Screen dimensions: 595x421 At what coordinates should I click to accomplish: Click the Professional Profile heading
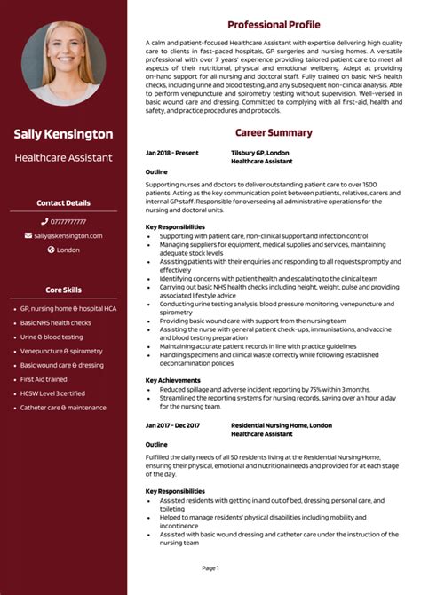click(x=274, y=25)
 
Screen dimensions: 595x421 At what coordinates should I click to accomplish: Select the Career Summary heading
click(x=274, y=133)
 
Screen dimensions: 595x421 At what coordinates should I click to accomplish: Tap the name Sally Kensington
click(x=63, y=134)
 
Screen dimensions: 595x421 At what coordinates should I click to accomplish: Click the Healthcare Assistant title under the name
click(x=63, y=157)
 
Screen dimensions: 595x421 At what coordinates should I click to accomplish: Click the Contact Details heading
click(x=63, y=203)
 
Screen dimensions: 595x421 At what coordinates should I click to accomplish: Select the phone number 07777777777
click(x=68, y=221)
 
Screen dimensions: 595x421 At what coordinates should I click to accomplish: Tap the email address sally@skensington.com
click(x=68, y=235)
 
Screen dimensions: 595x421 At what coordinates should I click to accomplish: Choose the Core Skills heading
click(x=63, y=290)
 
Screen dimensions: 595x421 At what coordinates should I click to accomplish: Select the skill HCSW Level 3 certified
click(x=52, y=393)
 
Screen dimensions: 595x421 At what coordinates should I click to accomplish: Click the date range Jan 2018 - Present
click(x=172, y=154)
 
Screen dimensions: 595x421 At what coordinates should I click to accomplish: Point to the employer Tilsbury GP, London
click(x=266, y=154)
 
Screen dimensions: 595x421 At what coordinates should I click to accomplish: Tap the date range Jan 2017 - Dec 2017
click(x=173, y=425)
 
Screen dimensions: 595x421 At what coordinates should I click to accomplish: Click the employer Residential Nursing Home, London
click(x=282, y=425)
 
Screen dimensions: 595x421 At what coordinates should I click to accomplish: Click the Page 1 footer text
click(x=210, y=567)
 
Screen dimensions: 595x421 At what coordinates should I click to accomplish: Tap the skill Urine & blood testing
click(x=52, y=337)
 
